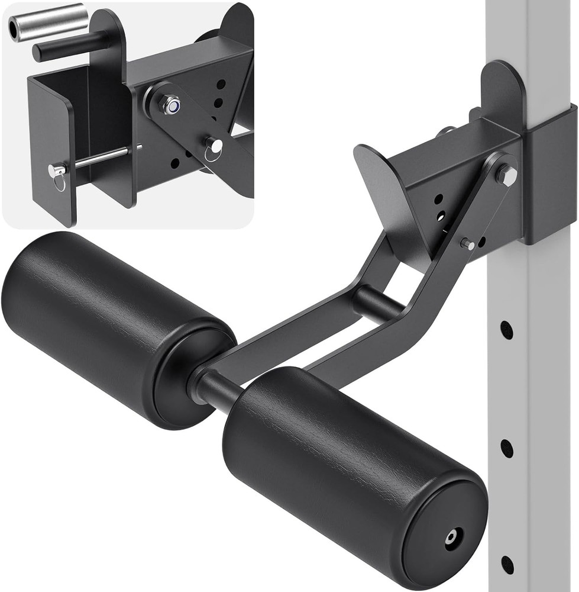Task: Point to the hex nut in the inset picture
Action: click(x=172, y=105)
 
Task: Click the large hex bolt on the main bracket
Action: click(x=506, y=175)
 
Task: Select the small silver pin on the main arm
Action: click(x=467, y=243)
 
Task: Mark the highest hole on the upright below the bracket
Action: click(x=507, y=330)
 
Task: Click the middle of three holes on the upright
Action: click(x=507, y=448)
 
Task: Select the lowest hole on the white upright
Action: click(x=507, y=565)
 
